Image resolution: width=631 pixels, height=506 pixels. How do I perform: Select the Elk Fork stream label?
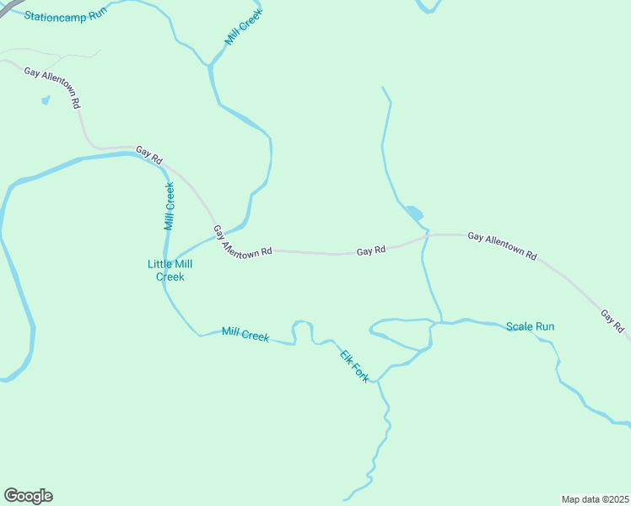(354, 365)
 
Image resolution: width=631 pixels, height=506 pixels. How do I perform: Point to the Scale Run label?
(530, 326)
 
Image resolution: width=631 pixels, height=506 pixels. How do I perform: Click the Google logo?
(28, 496)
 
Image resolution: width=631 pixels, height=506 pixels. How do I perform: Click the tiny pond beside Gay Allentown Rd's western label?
(45, 100)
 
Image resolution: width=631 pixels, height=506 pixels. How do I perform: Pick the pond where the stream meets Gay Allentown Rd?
(413, 213)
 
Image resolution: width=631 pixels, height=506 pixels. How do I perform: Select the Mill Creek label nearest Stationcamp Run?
(243, 27)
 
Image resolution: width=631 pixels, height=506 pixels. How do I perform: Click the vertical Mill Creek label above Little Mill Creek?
(170, 207)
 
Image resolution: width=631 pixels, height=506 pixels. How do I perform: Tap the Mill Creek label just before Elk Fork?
(245, 335)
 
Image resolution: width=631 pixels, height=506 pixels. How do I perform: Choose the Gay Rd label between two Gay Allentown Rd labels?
(370, 250)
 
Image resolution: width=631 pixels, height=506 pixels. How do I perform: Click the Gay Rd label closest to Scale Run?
(612, 320)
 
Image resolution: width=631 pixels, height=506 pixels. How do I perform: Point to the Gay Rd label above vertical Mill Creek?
(148, 154)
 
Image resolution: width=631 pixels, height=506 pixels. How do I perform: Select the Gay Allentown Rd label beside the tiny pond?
(52, 88)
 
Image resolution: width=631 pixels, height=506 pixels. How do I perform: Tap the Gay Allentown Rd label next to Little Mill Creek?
(242, 242)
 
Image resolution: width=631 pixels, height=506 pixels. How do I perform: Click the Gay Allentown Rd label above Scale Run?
(502, 245)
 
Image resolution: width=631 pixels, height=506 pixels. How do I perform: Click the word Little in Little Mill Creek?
(159, 264)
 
